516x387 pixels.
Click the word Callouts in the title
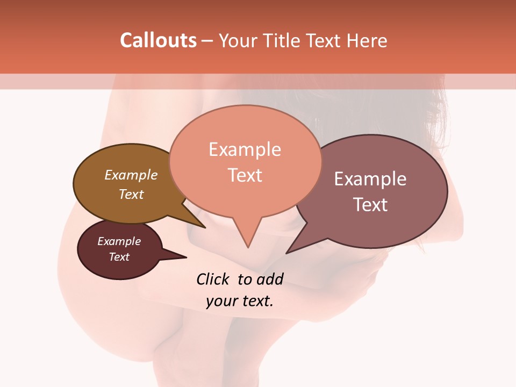click(158, 40)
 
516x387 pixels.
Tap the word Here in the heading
click(367, 41)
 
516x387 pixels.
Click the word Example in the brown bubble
click(131, 175)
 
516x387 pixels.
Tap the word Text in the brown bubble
click(131, 195)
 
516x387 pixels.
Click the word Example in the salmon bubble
click(245, 149)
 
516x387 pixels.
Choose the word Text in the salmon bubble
click(245, 175)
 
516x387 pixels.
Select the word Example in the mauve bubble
click(370, 179)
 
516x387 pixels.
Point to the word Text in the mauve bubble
click(370, 205)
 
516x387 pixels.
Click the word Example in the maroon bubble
click(119, 241)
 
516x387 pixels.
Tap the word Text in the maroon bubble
click(119, 257)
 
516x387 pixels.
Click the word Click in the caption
click(214, 279)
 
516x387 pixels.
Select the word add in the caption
click(270, 279)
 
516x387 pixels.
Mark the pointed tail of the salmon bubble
click(247, 245)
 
